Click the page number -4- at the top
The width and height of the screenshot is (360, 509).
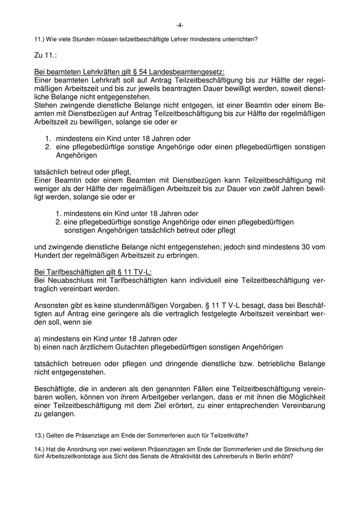coord(179,25)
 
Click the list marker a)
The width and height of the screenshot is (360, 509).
coord(37,339)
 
